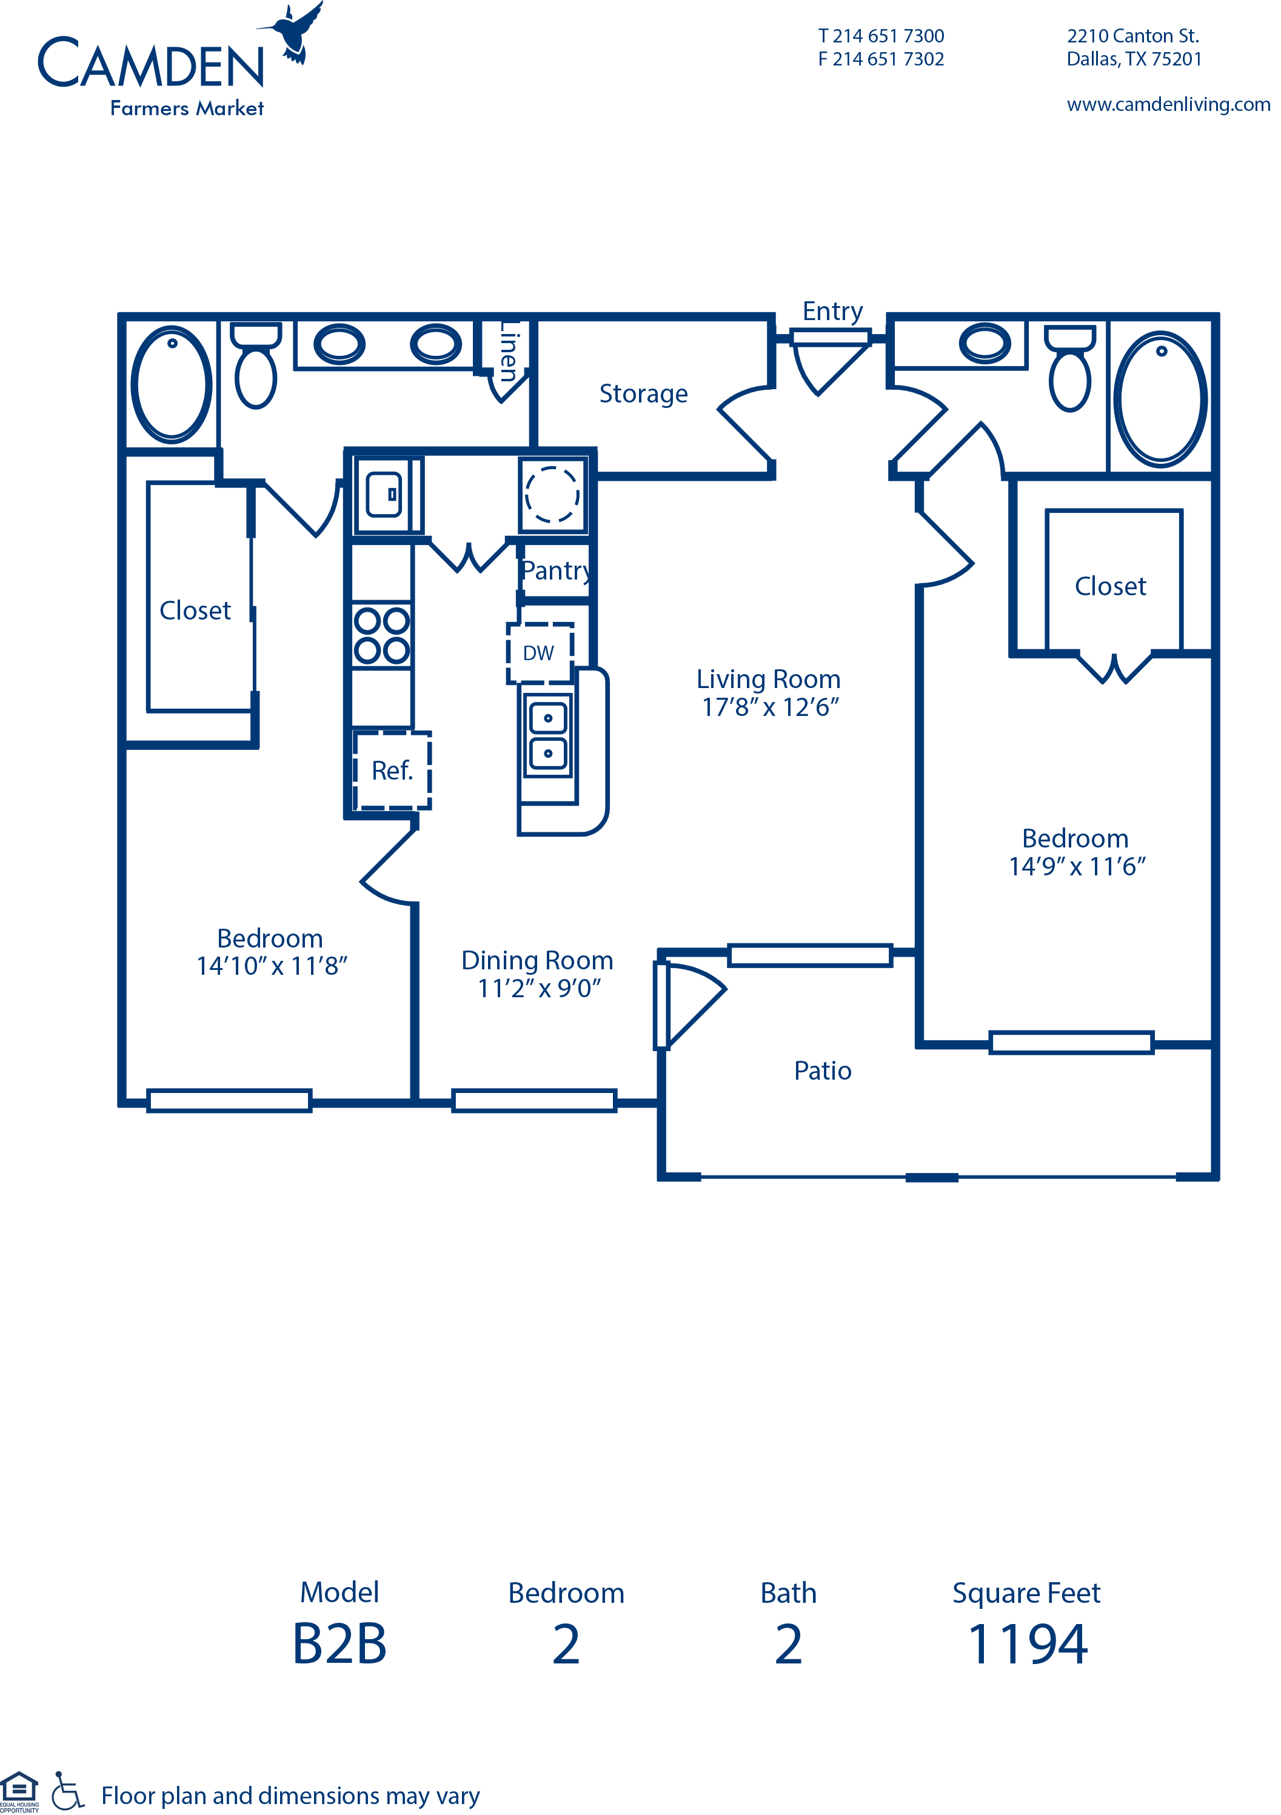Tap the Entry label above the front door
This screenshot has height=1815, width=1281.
click(x=832, y=312)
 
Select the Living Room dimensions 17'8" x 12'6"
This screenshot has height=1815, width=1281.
click(x=770, y=707)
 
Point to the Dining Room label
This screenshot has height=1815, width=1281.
click(x=537, y=960)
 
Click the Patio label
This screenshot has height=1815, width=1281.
click(x=822, y=1071)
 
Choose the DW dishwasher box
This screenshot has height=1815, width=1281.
click(x=540, y=653)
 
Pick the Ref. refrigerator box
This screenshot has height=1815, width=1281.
click(x=392, y=770)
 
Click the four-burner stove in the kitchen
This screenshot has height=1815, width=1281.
click(x=382, y=635)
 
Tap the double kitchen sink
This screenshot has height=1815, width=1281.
click(x=548, y=735)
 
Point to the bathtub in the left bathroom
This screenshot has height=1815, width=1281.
click(x=172, y=384)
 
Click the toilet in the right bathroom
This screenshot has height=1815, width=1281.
click(x=1070, y=369)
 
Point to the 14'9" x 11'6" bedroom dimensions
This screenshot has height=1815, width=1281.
click(x=1077, y=866)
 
